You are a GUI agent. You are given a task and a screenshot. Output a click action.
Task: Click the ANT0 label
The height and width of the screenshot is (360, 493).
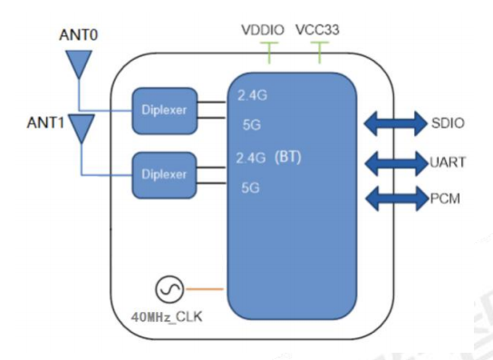(79, 39)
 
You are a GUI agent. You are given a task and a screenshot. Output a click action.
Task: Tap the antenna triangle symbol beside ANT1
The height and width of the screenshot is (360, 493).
(82, 127)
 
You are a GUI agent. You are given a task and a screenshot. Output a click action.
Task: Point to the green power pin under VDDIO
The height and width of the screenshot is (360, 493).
(268, 55)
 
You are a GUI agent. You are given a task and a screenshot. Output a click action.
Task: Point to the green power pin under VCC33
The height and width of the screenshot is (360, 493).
(321, 55)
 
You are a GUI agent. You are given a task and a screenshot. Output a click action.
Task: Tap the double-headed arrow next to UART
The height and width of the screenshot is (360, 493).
(394, 162)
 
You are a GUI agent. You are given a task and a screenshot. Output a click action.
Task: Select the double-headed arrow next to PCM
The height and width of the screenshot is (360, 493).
(394, 198)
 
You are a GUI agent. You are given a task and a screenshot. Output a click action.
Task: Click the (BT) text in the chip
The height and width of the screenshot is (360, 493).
(287, 155)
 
